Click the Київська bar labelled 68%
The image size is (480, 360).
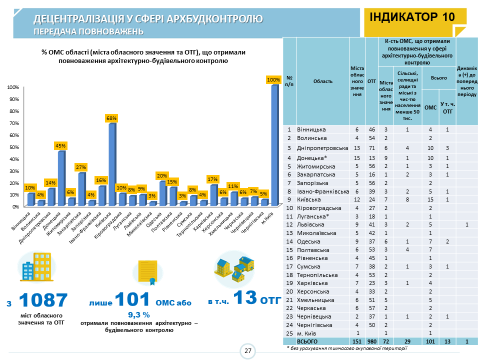pos(111,165)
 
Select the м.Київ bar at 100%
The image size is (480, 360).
pos(274,145)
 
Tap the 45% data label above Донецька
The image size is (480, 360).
pos(60,145)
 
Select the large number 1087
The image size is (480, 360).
pos(43,300)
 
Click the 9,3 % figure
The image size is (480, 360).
pos(139,314)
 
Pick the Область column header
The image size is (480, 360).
pos(323,81)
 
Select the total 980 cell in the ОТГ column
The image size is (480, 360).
pos(371,341)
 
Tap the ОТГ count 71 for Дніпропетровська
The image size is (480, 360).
pos(371,148)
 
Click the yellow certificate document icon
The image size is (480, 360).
pos(147,272)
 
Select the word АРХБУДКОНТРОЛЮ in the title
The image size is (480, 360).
pos(211,19)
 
